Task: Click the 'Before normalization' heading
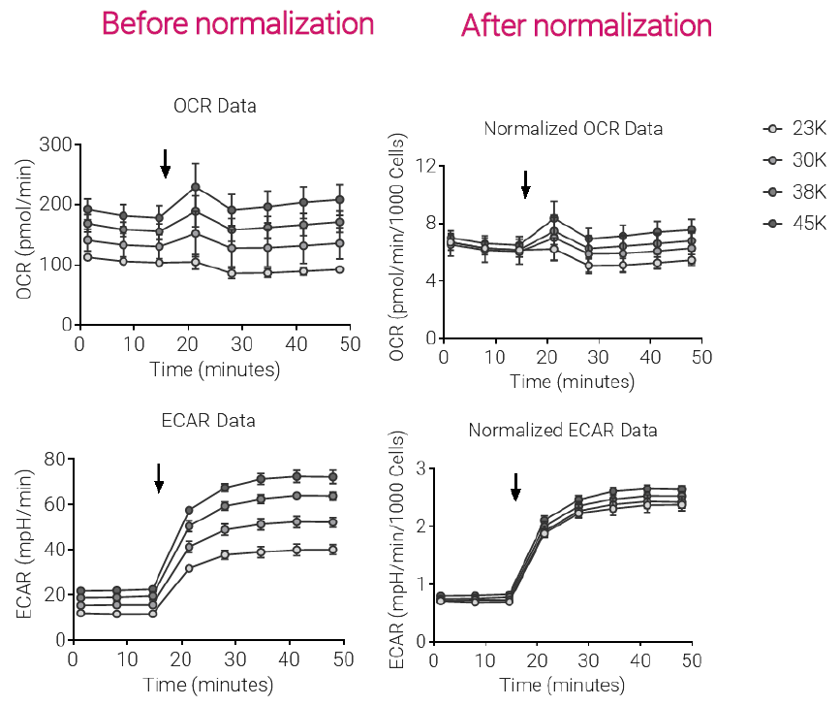(x=237, y=23)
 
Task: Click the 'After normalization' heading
(x=586, y=25)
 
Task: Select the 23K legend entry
(x=794, y=129)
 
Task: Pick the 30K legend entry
(x=794, y=160)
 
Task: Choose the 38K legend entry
(x=794, y=191)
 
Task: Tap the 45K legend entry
(x=794, y=222)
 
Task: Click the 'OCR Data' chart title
(x=215, y=106)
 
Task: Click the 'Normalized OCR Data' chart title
(x=573, y=128)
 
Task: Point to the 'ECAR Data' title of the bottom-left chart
(x=208, y=420)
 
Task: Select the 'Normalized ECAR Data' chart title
(x=563, y=430)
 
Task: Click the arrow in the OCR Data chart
(x=166, y=164)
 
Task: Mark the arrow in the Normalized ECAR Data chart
(x=515, y=487)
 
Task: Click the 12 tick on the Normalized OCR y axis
(x=422, y=165)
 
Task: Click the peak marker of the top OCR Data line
(x=195, y=187)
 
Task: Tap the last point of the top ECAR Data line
(x=332, y=476)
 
